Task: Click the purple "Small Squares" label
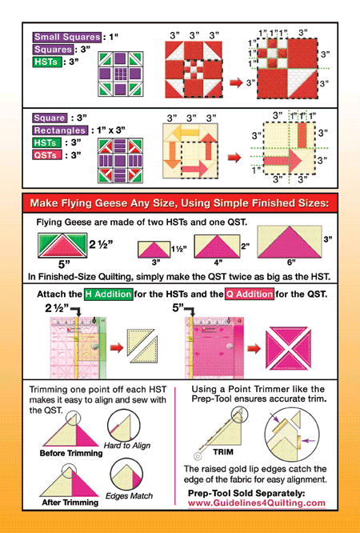[67, 37]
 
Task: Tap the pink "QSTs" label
[47, 155]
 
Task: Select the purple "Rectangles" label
[60, 130]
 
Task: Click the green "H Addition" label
[109, 294]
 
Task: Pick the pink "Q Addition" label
[250, 294]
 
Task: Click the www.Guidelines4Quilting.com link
[257, 503]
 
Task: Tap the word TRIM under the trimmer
[223, 452]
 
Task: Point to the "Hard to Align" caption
[126, 445]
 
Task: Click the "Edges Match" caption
[129, 496]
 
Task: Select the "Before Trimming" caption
[71, 453]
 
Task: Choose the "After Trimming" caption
[70, 503]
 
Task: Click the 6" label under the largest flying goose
[291, 262]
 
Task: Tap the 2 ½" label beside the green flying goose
[102, 244]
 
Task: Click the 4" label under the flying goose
[218, 262]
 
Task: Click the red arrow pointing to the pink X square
[254, 348]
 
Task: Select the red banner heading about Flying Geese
[180, 203]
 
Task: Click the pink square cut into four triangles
[288, 348]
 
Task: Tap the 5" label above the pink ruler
[178, 308]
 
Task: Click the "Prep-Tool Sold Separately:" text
[246, 493]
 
